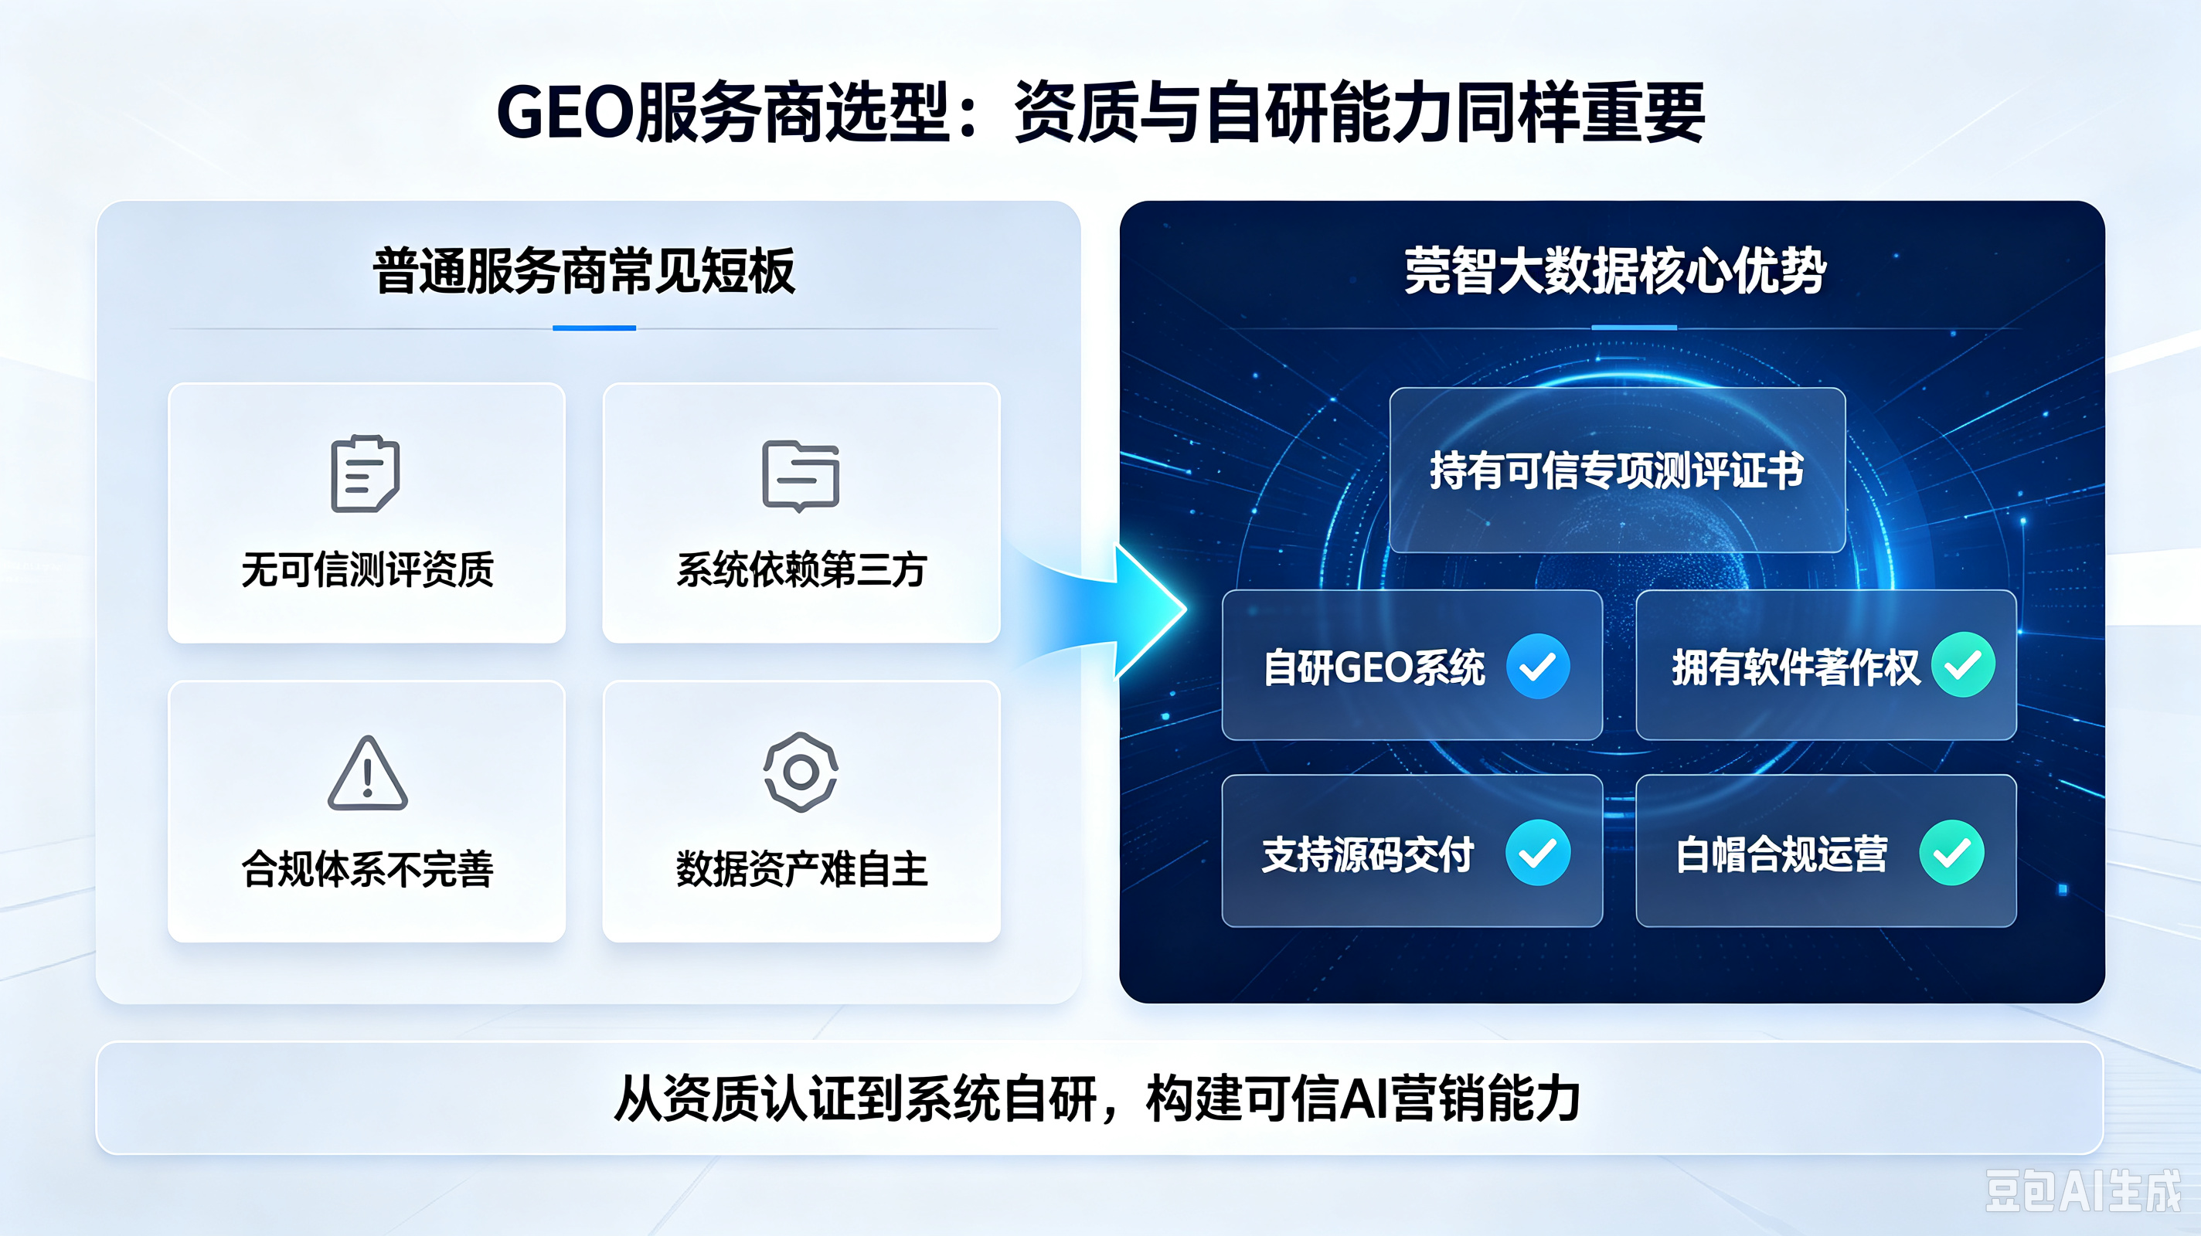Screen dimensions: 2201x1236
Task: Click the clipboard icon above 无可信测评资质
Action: (365, 474)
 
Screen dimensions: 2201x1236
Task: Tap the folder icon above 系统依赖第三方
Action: (801, 476)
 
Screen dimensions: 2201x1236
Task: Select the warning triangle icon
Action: (367, 773)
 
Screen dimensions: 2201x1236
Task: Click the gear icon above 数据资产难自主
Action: (801, 771)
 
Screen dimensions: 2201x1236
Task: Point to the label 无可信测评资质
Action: (367, 570)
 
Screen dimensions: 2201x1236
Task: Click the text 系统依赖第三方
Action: (801, 570)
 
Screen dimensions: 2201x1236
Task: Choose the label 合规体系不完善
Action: (367, 869)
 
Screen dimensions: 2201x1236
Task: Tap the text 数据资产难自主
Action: (801, 869)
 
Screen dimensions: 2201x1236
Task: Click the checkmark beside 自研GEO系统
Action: (1538, 666)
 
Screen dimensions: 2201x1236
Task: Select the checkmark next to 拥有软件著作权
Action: (1964, 664)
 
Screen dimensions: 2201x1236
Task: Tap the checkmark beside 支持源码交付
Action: (1538, 853)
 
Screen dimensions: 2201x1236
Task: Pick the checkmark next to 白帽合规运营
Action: (1951, 853)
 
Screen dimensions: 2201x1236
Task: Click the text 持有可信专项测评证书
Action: (1617, 470)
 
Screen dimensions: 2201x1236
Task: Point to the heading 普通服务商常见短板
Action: (584, 272)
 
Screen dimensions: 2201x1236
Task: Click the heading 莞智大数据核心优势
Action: (1615, 272)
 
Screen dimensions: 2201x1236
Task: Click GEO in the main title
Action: (566, 113)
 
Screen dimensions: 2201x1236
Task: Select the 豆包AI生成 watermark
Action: (2082, 1190)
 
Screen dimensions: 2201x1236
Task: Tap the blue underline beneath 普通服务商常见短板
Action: (594, 328)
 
